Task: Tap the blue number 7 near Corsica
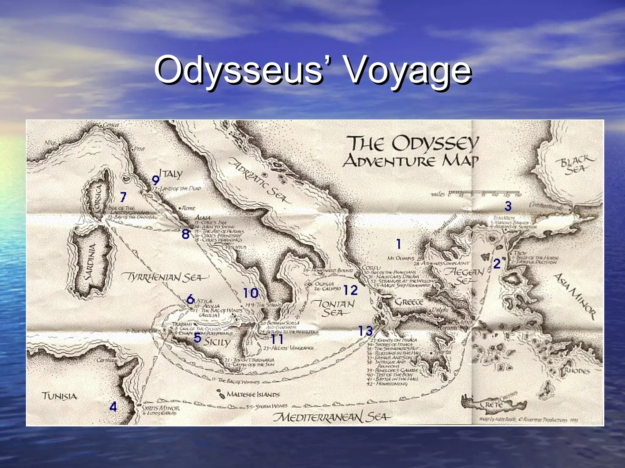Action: tap(123, 197)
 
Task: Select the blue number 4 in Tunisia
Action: tap(113, 406)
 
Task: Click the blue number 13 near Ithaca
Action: tap(365, 331)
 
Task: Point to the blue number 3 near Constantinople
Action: tap(508, 206)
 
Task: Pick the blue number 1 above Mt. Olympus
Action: tap(399, 244)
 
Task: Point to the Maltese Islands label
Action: tap(253, 394)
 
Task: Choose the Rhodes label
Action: tap(577, 371)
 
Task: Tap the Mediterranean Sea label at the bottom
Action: tap(331, 417)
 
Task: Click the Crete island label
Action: tap(493, 405)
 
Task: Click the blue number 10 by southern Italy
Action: tap(251, 293)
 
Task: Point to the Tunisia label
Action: tap(59, 396)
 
